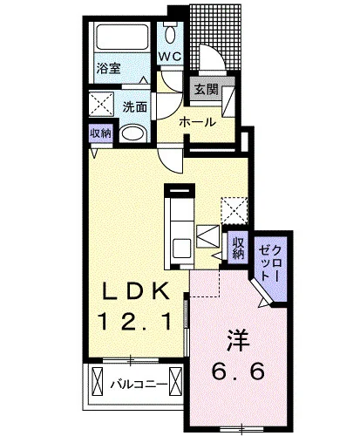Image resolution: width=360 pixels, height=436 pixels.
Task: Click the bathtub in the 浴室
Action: coord(122,37)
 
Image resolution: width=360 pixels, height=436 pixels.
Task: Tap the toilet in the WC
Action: coord(170,33)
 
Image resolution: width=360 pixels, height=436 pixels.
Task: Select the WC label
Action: coord(170,56)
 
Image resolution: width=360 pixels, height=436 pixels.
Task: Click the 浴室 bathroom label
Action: coord(109,69)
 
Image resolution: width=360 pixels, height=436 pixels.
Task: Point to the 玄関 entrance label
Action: coord(206,90)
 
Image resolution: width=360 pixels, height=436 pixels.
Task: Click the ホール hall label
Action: coord(198,122)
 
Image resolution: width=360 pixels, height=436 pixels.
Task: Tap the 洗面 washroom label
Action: coord(134,107)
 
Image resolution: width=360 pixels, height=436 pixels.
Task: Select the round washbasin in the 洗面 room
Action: coord(133,134)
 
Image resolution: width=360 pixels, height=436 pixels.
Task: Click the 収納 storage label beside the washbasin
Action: coord(100,133)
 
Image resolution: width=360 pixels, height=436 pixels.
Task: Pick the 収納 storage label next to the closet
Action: coord(238,248)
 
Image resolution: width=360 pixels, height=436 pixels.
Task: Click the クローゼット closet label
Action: coord(270,263)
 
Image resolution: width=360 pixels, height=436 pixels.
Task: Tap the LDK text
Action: coord(136,291)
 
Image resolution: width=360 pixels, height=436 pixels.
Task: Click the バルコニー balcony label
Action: coord(139,385)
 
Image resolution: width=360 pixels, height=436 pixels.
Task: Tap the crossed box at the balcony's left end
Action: coord(98,381)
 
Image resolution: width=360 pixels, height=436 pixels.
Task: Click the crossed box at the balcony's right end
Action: coord(175,381)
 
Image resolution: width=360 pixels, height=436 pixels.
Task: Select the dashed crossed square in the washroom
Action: coord(101,104)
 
